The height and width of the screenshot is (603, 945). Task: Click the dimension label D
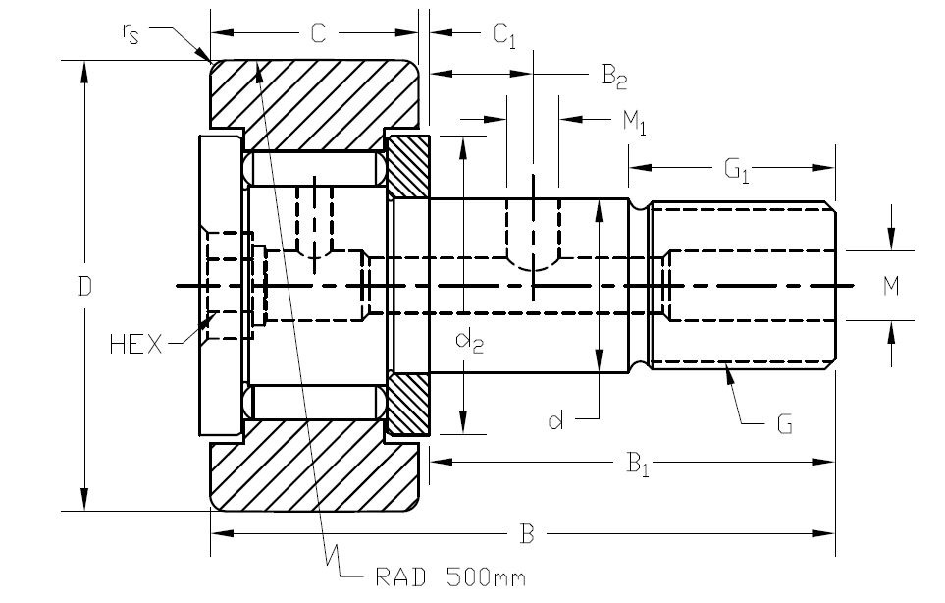click(85, 287)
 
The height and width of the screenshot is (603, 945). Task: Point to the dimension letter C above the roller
click(318, 34)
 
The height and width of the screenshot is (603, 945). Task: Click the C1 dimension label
click(503, 36)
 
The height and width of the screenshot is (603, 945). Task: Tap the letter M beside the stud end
click(891, 286)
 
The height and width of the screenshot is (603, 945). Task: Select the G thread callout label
click(784, 424)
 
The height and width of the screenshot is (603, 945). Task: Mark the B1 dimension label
click(639, 465)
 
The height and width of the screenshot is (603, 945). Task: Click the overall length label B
click(527, 535)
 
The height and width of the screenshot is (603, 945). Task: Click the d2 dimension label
click(470, 343)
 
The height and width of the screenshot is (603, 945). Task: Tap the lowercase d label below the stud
click(556, 421)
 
